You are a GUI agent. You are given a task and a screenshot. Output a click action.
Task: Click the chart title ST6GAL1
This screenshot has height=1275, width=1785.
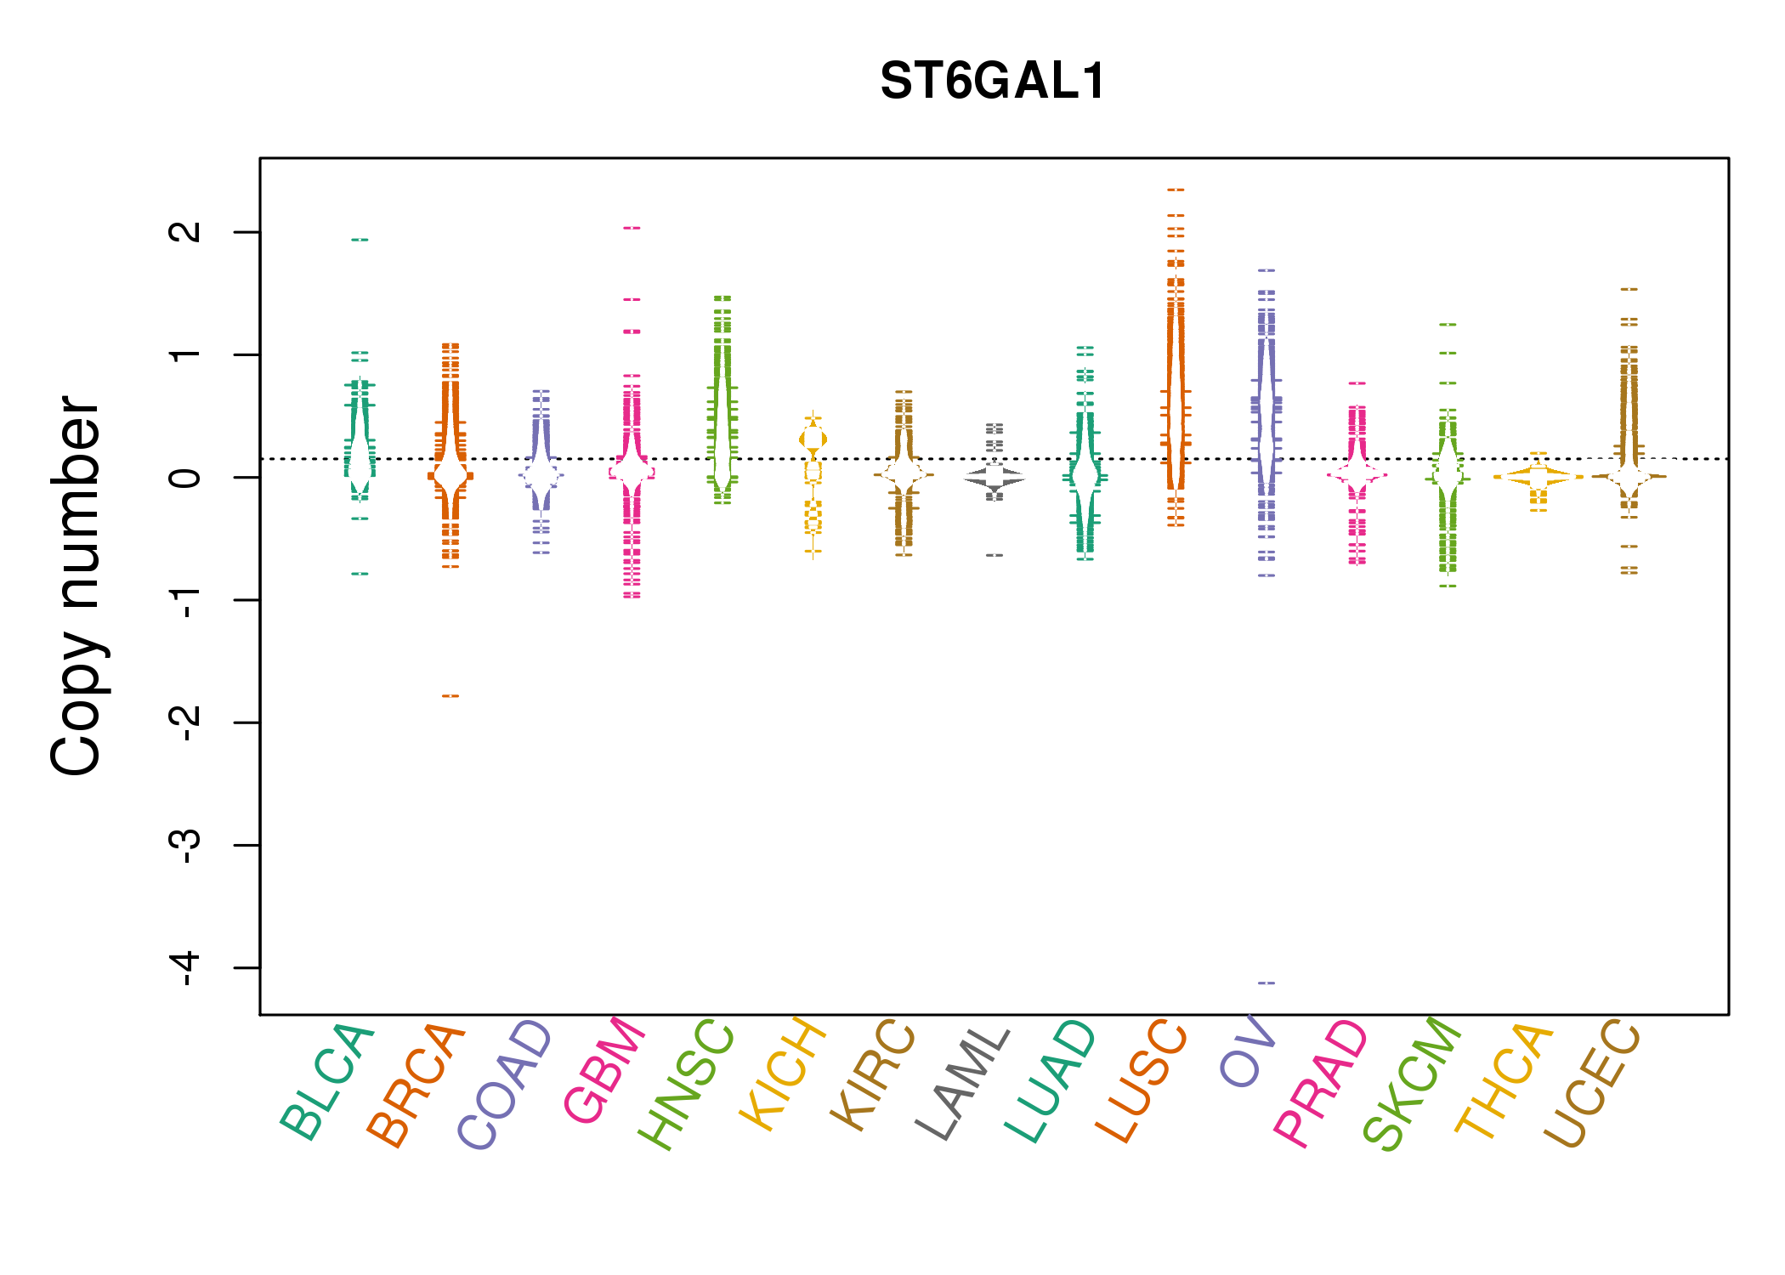click(x=992, y=82)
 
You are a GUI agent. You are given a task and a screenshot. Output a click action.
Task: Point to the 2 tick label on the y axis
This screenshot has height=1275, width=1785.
click(x=185, y=231)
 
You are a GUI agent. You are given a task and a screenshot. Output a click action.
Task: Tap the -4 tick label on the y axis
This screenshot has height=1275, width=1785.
click(x=185, y=968)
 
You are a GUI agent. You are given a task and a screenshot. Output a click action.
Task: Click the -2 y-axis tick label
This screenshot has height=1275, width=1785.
click(x=185, y=722)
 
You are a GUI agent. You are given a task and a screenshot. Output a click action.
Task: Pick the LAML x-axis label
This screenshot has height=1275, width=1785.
click(x=963, y=1084)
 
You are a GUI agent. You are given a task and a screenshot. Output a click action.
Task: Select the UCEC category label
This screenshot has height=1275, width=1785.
click(x=1591, y=1084)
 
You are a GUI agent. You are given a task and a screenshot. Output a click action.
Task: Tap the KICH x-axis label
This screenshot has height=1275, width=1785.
click(x=782, y=1074)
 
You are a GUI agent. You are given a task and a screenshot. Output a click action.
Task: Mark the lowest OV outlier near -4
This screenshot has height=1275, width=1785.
click(x=1266, y=983)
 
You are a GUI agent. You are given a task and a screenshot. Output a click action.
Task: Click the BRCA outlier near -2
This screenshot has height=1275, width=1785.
click(x=450, y=696)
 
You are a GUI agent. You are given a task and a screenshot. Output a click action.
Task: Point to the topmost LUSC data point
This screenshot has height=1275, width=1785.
click(x=1176, y=190)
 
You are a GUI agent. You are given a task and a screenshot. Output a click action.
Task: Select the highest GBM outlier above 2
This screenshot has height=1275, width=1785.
click(x=632, y=228)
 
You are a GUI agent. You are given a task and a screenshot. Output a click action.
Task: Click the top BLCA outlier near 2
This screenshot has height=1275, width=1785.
click(x=360, y=240)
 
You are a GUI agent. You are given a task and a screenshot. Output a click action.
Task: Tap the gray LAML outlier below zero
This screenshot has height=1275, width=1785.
click(x=994, y=555)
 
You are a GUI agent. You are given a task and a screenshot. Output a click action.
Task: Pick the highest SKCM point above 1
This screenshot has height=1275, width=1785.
click(x=1448, y=325)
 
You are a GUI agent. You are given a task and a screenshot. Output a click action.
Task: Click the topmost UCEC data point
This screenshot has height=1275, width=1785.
click(x=1629, y=290)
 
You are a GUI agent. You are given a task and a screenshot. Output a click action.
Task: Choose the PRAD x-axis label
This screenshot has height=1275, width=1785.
click(x=1321, y=1084)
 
